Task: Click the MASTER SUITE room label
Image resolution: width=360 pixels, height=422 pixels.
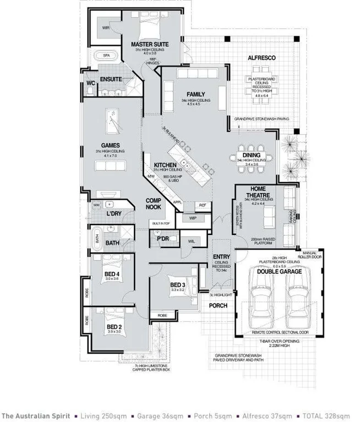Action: [x=149, y=43]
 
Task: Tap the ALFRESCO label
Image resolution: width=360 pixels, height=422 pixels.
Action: [x=261, y=57]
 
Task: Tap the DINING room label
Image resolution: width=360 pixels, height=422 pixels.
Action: [x=252, y=155]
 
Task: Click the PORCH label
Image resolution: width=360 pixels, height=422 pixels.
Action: [x=218, y=306]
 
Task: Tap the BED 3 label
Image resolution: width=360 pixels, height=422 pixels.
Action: [x=177, y=284]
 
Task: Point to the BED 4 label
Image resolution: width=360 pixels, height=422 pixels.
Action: [x=112, y=273]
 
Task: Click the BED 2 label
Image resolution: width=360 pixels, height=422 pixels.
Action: [x=114, y=326]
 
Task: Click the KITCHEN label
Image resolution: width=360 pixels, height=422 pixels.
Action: [x=164, y=165]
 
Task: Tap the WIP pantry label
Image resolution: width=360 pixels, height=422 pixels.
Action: [x=193, y=218]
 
